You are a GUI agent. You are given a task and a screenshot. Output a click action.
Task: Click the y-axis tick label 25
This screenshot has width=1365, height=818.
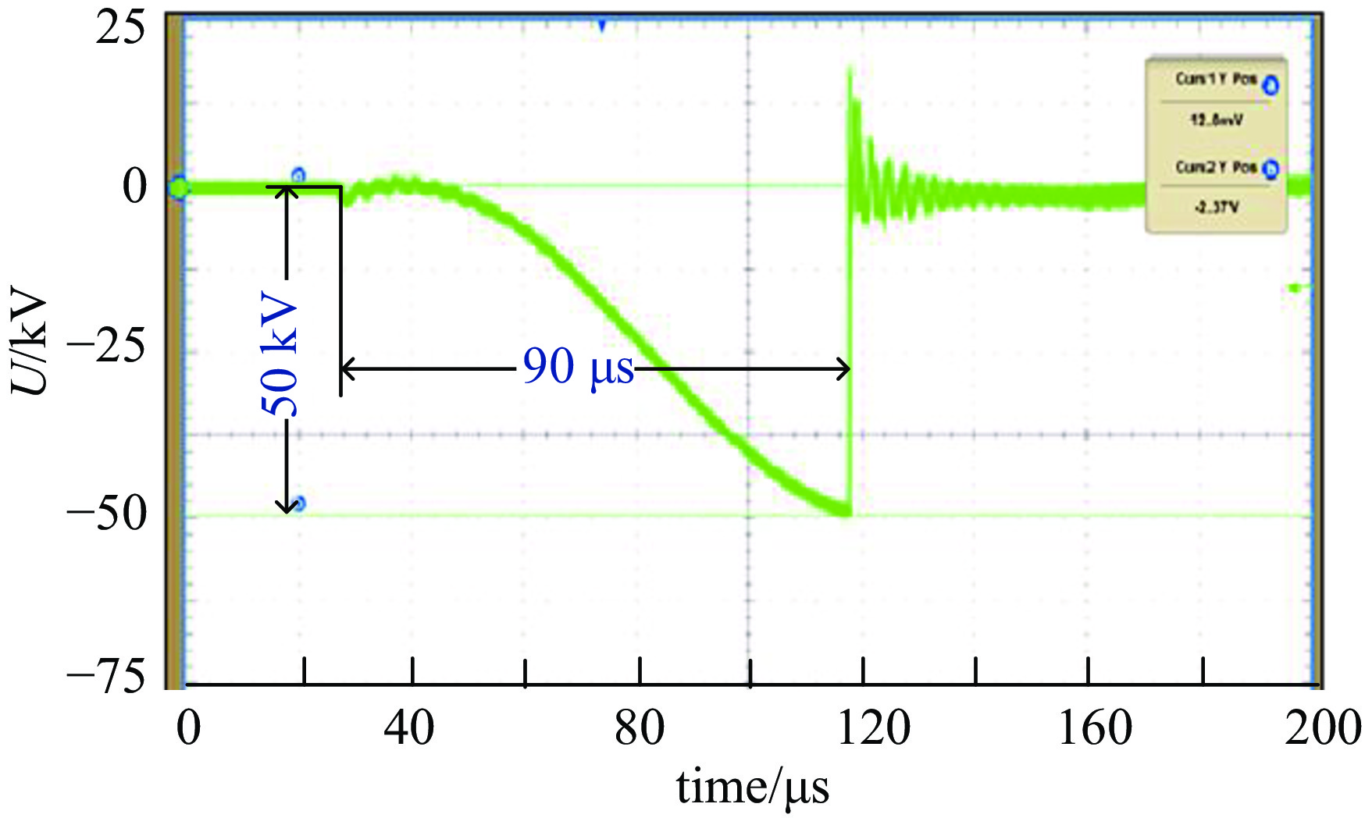point(120,30)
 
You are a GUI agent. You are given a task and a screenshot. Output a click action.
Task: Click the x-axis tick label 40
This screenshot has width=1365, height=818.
point(409,728)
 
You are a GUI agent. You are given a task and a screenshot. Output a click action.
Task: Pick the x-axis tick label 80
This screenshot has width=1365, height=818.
point(639,728)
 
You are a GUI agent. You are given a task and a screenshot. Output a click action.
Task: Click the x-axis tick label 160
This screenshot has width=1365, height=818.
point(1095,728)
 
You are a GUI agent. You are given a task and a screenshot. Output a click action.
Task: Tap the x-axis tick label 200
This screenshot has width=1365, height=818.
point(1323,728)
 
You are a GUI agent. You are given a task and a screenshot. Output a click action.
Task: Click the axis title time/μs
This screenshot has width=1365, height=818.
point(752,787)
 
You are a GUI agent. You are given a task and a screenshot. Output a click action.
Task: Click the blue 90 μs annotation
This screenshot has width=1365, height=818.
point(578,366)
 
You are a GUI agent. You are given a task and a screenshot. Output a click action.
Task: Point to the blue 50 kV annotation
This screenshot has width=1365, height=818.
point(280,356)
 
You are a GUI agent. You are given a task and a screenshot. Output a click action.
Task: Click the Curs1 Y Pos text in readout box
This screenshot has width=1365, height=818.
point(1216,80)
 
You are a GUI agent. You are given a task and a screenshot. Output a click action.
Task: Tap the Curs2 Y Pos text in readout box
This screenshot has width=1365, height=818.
point(1216,168)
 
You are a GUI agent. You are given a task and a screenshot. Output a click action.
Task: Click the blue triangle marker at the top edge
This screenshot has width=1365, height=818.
point(602,26)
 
